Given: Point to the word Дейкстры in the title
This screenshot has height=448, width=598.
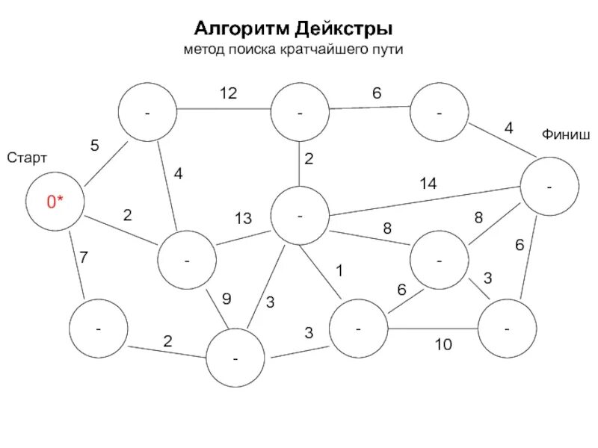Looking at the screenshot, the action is pos(344,29).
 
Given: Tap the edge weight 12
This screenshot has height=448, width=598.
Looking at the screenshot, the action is pos(228,93).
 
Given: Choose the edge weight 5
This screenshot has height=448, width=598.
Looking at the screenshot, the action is pos(95,146).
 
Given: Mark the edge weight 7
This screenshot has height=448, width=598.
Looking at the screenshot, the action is pos(84,258).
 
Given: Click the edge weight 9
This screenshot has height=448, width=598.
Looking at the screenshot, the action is pos(226,299).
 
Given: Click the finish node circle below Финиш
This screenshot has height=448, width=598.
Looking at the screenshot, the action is pos(549,187).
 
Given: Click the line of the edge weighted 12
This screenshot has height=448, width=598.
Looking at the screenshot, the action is pos(224,110).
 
